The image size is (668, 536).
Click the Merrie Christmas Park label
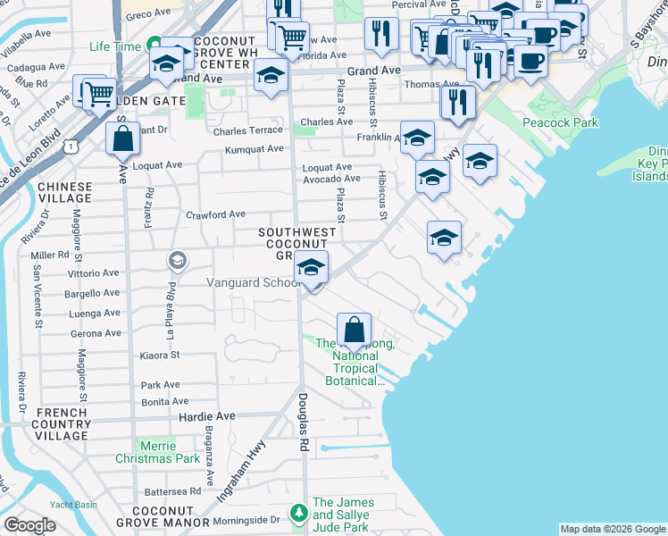point(157,452)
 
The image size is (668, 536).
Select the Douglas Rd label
point(303,412)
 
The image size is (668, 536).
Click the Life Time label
point(116,46)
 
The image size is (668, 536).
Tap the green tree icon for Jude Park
point(298,513)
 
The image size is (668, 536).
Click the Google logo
point(29,525)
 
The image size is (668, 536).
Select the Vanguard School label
point(253,282)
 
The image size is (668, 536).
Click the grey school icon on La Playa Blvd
point(177,260)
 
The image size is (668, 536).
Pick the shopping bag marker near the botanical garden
point(355,329)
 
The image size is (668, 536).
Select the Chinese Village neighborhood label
point(64,192)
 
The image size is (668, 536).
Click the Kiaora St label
point(161,356)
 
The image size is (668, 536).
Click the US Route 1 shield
point(70,144)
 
